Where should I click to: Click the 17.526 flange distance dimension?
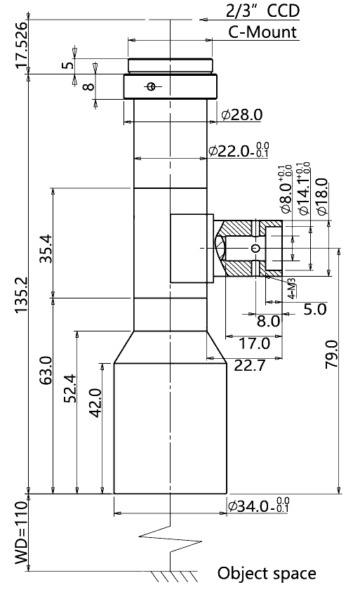tap(21, 46)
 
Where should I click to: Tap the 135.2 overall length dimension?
tap(21, 294)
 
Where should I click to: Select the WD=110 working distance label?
tap(21, 532)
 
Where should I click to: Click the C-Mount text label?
tap(262, 32)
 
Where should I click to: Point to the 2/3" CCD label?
tap(262, 11)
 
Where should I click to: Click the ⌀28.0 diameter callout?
tap(242, 114)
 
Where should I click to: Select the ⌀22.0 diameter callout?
tap(239, 150)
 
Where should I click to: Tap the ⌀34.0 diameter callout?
tap(258, 506)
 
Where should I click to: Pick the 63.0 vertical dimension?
tap(46, 370)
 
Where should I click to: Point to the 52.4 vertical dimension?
tap(70, 388)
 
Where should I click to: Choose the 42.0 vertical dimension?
tap(95, 403)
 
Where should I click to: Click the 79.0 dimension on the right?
tap(332, 354)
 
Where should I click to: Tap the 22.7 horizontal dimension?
tap(250, 365)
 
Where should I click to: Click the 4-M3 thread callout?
tap(292, 289)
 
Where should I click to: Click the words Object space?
tap(267, 573)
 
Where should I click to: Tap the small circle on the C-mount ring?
tap(152, 87)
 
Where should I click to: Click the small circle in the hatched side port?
tap(256, 248)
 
